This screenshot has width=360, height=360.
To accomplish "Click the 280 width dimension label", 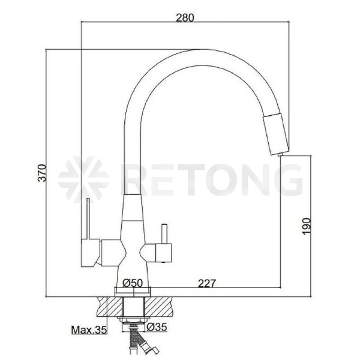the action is [185, 17].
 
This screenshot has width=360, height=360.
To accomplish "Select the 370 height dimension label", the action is [42, 173].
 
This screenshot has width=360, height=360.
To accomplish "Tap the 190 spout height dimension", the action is [306, 226].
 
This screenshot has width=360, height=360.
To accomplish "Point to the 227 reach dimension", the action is [207, 283].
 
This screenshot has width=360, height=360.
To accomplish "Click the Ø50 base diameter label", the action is [133, 283].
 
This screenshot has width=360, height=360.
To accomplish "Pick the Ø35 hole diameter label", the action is [157, 327].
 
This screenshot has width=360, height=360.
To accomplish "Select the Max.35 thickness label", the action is [89, 330].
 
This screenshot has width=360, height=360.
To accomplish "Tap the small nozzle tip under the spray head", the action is [280, 155].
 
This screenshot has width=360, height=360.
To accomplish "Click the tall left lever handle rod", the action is [88, 219].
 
